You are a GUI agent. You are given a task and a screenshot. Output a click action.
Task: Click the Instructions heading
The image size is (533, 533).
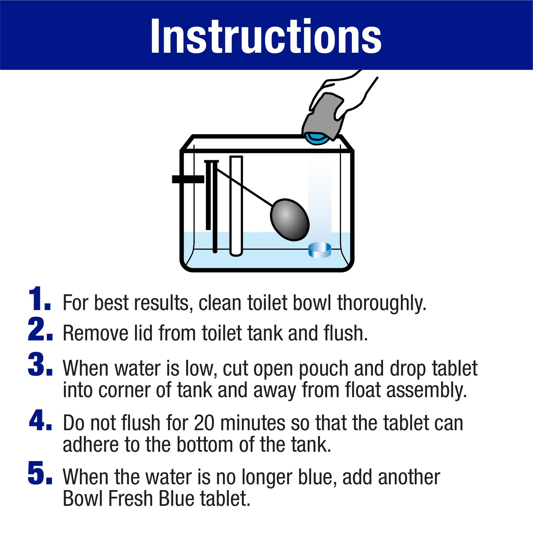coord(266,36)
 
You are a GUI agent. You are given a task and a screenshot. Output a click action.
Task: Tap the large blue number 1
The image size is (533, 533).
coord(37,299)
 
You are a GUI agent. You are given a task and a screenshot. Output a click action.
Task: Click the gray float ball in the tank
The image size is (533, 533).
coord(290,220)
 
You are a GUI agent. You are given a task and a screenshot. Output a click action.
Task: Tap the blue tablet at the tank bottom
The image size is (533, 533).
coord(319,250)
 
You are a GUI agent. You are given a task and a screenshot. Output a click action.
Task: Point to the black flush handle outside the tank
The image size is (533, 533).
coord(188,179)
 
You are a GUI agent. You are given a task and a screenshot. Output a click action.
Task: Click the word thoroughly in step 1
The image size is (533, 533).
coord(381,303)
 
